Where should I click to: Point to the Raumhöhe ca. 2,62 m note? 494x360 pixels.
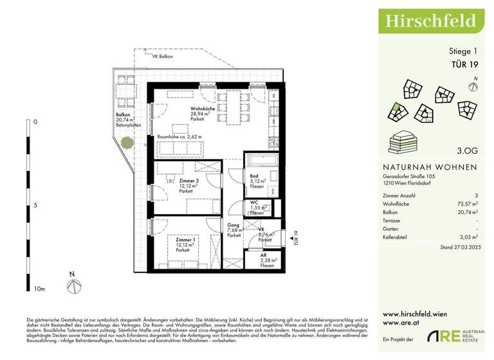point(179,137)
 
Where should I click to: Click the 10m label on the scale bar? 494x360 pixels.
point(39,289)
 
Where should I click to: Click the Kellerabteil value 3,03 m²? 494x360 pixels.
point(467,237)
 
